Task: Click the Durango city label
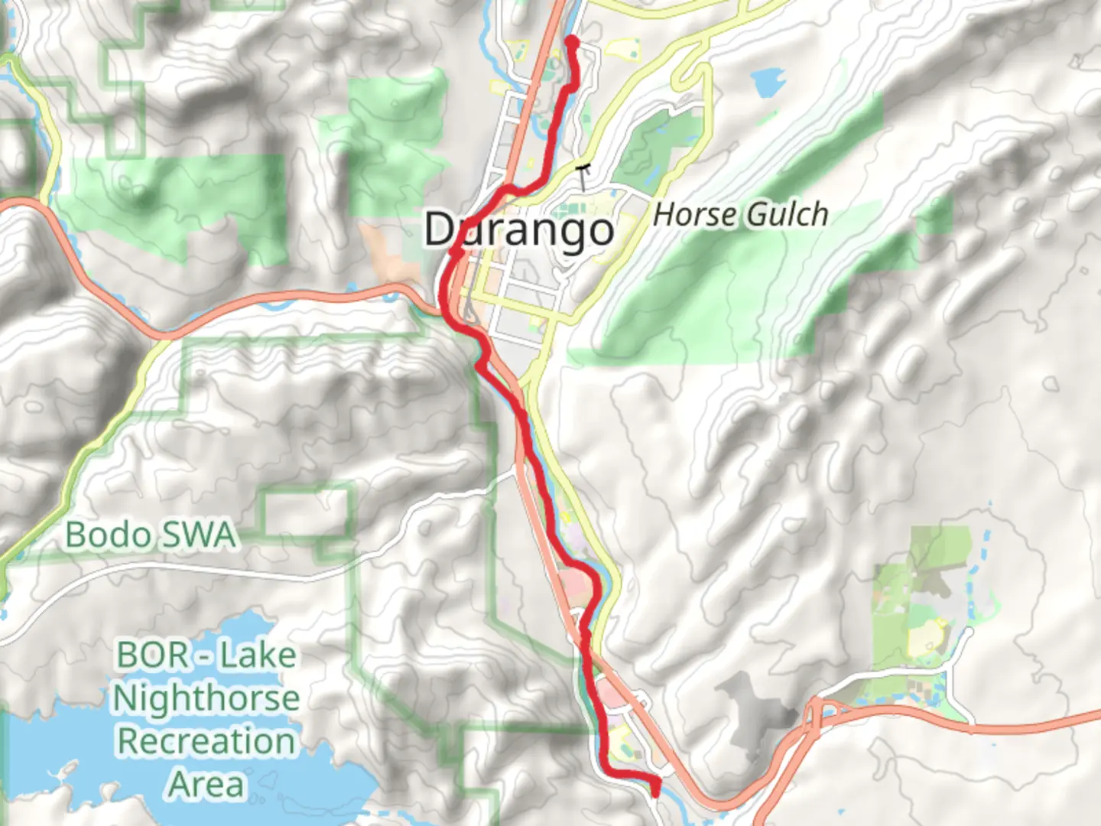[519, 229]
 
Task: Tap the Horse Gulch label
[740, 215]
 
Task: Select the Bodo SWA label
[150, 535]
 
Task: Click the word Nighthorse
[206, 698]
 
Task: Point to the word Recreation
[206, 741]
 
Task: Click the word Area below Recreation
[206, 785]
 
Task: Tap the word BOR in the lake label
[151, 655]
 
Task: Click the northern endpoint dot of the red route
[570, 40]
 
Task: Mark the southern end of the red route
[655, 792]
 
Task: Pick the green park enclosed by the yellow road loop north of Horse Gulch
[658, 145]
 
